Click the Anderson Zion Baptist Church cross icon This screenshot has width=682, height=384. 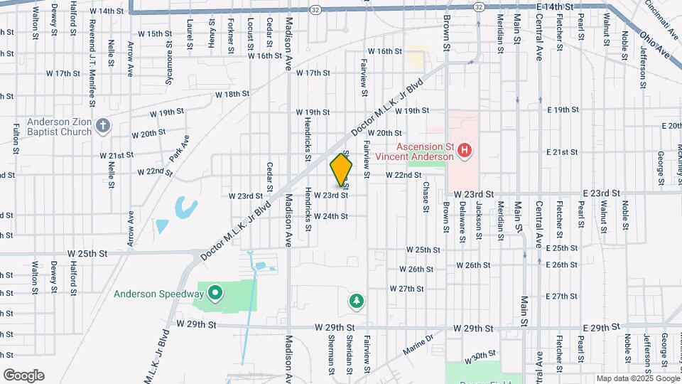tap(103, 127)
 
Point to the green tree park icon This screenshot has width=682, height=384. tap(355, 302)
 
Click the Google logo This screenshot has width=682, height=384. tap(23, 375)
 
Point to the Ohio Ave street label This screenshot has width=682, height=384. tap(654, 44)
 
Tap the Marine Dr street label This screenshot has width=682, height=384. tap(418, 346)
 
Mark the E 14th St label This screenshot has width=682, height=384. tap(555, 6)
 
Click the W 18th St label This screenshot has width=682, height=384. tap(232, 94)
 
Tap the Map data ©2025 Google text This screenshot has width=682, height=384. tap(638, 378)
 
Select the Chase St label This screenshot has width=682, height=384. tap(426, 196)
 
